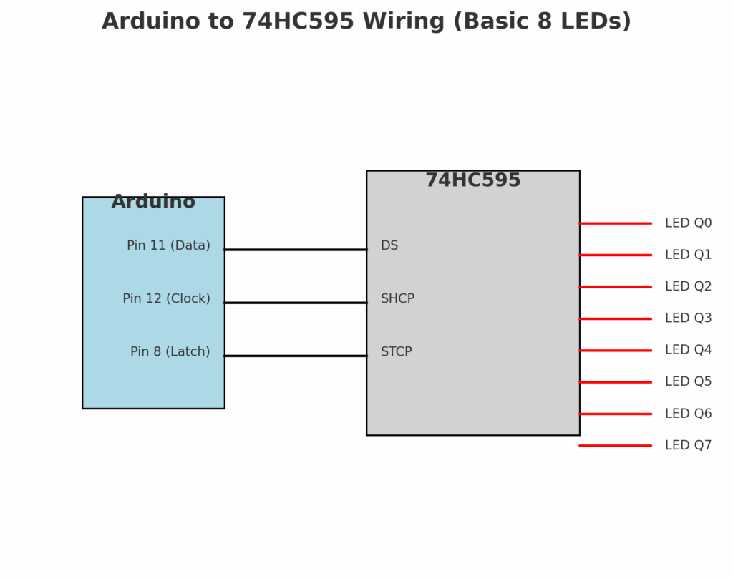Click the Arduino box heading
point(153,202)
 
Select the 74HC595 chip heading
point(473,180)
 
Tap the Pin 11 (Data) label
point(168,245)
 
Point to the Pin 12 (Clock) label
point(166,298)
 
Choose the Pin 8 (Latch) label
point(170,351)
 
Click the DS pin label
point(389,245)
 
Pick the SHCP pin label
point(397,298)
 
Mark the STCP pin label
point(396,351)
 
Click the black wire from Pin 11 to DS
point(295,250)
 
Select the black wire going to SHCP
point(295,303)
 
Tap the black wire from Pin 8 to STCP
point(295,356)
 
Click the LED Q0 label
point(688,223)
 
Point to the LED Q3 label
point(688,318)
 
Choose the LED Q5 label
point(688,381)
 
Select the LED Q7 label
point(688,445)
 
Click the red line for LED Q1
point(615,255)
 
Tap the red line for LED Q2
point(615,286)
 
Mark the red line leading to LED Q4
point(615,350)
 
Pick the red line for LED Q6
point(615,414)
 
